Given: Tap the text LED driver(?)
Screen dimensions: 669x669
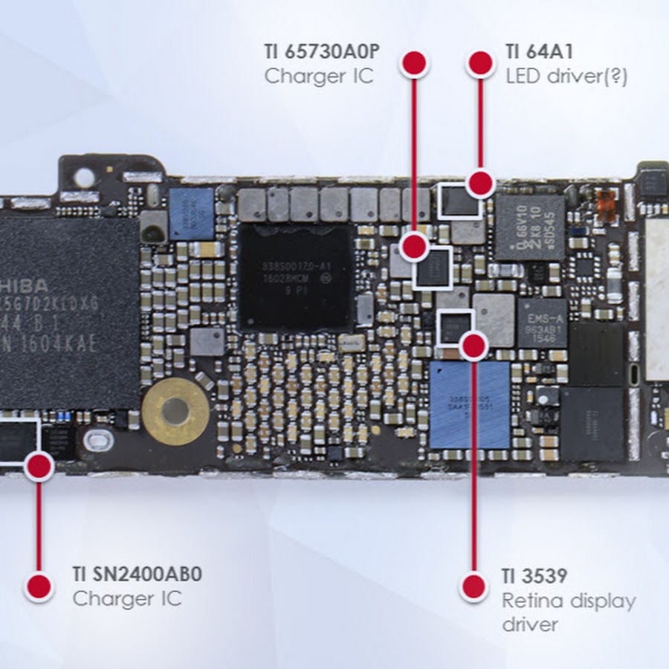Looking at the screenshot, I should click(x=566, y=76).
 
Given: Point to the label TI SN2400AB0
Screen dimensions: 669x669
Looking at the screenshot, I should click(x=138, y=575).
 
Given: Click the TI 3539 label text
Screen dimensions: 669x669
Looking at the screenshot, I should click(x=534, y=576).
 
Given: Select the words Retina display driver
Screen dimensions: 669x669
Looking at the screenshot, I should click(x=569, y=612).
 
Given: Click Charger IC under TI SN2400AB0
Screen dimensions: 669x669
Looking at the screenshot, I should click(x=127, y=598).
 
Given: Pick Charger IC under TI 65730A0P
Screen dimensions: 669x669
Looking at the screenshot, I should click(x=319, y=76).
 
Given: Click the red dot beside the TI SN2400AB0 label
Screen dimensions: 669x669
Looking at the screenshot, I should click(x=38, y=586).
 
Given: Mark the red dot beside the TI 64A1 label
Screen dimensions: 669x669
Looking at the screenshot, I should click(x=481, y=63).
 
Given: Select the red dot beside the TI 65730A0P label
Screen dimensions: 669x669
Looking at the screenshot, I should click(x=414, y=63).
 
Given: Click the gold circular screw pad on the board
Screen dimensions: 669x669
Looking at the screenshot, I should click(x=175, y=411).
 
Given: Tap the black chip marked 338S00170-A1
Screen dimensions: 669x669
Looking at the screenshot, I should click(x=296, y=277).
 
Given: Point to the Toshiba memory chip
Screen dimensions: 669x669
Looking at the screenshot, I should click(x=67, y=312).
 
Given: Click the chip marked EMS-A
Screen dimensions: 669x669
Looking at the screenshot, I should click(x=542, y=323).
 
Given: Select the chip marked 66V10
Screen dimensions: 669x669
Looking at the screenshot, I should click(x=529, y=226).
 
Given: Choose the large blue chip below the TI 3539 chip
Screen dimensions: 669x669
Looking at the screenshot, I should click(x=469, y=405).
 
